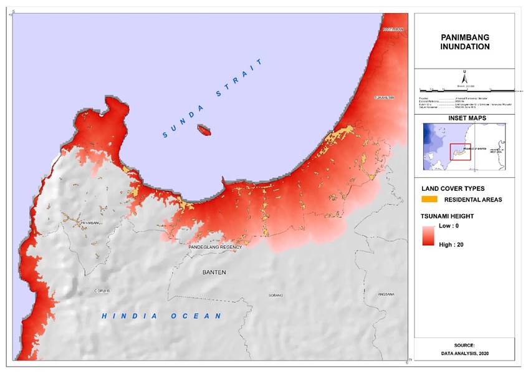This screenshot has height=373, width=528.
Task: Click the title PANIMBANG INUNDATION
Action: [465, 42]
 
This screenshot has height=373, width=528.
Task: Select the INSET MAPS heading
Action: [465, 118]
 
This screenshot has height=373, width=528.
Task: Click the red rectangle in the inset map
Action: [460, 152]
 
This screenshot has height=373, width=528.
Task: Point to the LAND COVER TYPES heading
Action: [453, 188]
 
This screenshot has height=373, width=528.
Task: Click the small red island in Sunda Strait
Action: [204, 130]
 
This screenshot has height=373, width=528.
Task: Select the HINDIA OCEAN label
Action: [162, 316]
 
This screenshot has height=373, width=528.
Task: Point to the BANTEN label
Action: [214, 273]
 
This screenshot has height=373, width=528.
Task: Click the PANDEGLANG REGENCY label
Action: [214, 248]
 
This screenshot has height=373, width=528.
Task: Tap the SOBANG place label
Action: [276, 295]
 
